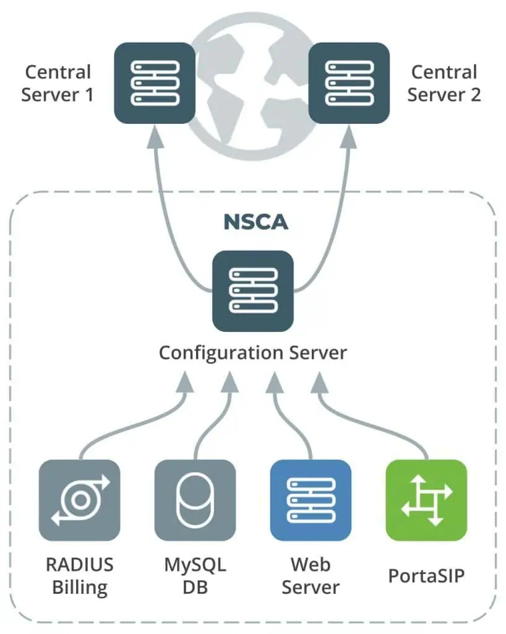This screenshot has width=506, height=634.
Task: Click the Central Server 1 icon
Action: point(155,82)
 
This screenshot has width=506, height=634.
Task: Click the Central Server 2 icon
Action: point(349,82)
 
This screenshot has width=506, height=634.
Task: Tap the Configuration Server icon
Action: point(252,290)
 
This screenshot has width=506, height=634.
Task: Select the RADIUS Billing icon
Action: point(79,500)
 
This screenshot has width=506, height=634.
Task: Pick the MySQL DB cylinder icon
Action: point(195,500)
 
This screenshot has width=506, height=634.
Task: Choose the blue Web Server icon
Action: point(311,500)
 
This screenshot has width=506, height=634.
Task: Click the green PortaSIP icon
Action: point(426,500)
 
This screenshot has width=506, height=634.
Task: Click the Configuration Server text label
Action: point(253,353)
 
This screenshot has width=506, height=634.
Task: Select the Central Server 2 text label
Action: point(444,84)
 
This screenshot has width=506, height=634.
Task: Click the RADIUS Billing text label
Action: point(80,575)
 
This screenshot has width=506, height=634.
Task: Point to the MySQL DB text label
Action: point(195,575)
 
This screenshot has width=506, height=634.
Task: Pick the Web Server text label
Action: point(311,575)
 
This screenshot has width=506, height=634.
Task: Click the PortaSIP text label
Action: point(426,576)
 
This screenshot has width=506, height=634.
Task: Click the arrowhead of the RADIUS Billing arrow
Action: point(185,384)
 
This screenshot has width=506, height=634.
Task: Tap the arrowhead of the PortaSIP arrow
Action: point(320,384)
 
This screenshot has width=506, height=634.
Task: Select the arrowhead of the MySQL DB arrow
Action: point(229,384)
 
